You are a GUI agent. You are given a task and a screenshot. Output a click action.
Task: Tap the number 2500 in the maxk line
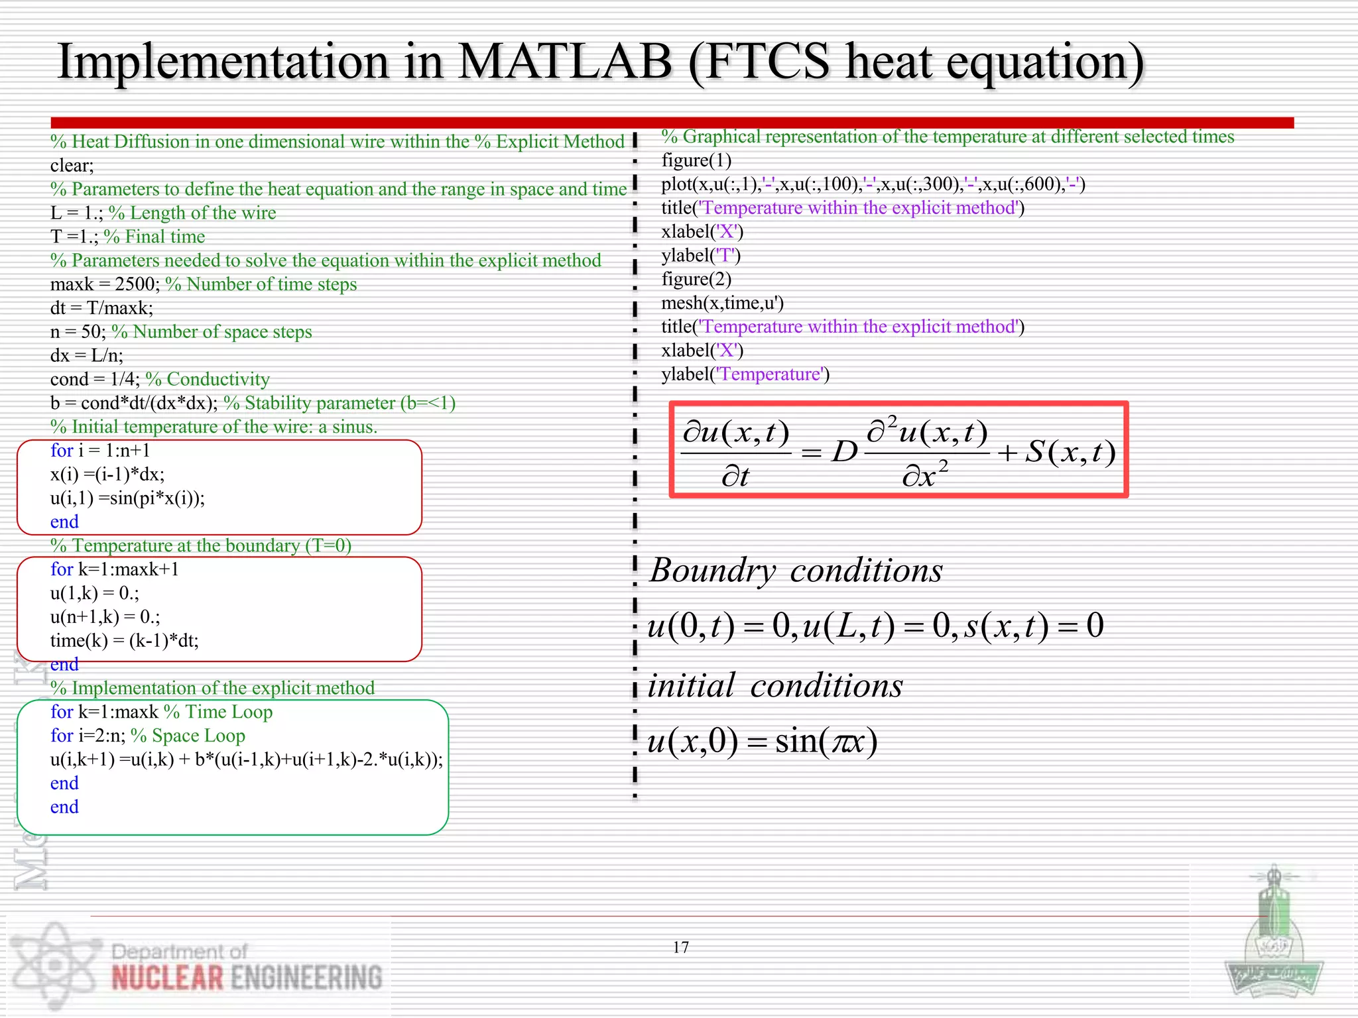137,284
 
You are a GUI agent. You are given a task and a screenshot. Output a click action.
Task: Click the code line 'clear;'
72,166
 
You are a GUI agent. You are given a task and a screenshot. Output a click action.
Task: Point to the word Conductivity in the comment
218,379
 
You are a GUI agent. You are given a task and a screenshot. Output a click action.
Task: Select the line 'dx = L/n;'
87,355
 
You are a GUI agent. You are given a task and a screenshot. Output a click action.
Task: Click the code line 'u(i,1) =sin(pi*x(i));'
127,498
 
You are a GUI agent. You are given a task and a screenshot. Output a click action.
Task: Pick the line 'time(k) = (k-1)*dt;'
124,640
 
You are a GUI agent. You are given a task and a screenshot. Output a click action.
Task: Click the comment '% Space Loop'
188,736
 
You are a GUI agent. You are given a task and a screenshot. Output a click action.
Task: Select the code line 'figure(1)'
696,160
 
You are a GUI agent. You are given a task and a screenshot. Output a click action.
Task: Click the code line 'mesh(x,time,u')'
722,303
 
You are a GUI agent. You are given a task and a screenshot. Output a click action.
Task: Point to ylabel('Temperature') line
745,374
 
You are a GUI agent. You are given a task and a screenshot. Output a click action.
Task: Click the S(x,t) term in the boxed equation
1070,452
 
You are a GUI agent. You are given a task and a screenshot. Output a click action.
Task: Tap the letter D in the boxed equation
844,452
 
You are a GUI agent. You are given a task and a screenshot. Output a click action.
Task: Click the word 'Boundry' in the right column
711,571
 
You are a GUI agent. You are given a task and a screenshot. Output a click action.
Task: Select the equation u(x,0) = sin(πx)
763,741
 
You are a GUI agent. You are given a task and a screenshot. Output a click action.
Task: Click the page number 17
680,947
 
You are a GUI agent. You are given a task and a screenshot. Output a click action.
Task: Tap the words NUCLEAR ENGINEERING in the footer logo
247,978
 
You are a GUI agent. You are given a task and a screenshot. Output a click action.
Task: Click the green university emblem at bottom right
1272,941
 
